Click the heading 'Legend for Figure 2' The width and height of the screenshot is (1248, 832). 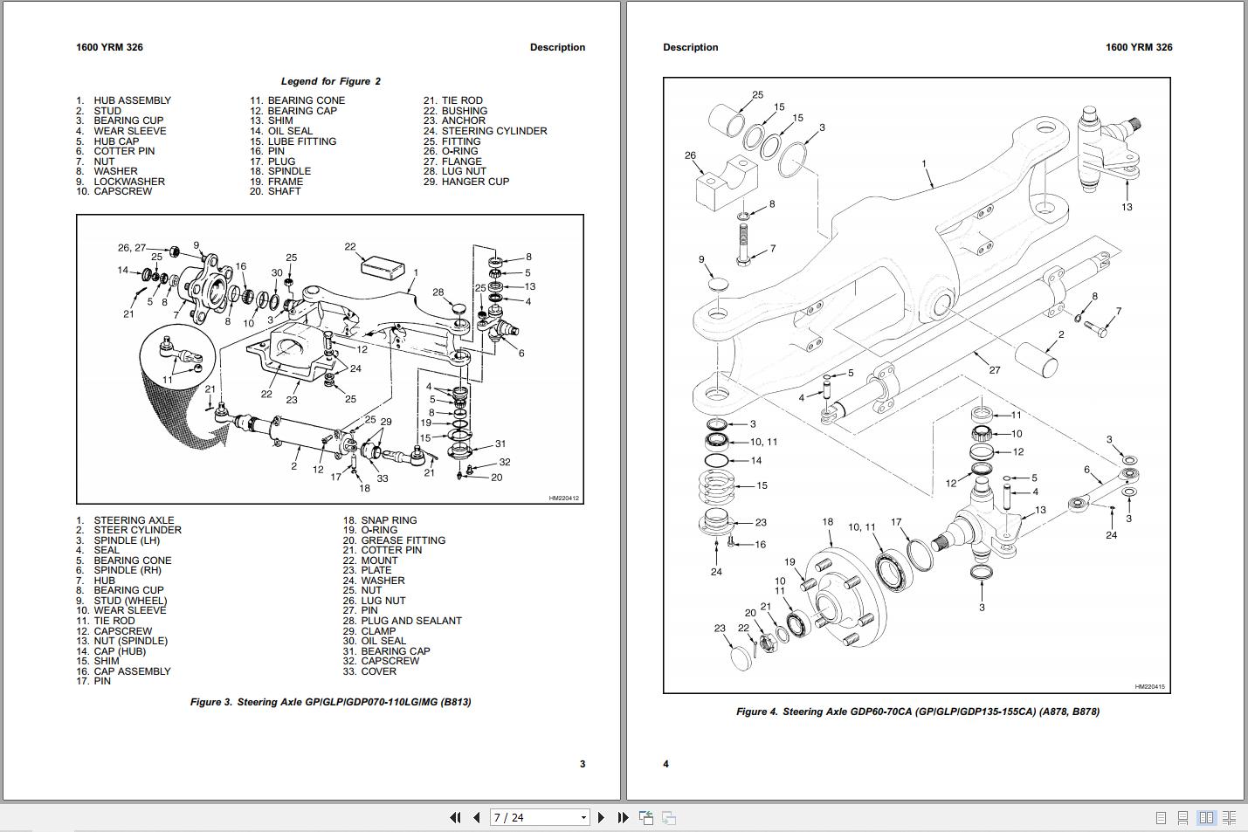pos(330,81)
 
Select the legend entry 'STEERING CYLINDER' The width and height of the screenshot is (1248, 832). pos(494,131)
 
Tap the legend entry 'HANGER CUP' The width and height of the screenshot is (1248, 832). pos(475,182)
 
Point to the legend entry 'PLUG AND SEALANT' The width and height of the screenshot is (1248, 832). pos(411,621)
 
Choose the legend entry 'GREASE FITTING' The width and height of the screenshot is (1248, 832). pos(403,540)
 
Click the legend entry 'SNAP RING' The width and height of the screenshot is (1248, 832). pos(389,520)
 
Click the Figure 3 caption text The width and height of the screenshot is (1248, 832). pos(330,702)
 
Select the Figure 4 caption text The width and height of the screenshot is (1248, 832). pos(918,712)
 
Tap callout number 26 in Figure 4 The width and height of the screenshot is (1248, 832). pos(690,155)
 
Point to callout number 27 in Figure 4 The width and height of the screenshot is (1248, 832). pos(995,370)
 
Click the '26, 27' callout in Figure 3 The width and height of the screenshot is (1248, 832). pos(132,248)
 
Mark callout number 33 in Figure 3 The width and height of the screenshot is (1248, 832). pos(383,478)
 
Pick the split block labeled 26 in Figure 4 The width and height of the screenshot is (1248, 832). pos(727,184)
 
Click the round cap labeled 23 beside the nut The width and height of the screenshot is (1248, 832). pos(741,657)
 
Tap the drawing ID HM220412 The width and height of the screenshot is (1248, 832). pos(564,498)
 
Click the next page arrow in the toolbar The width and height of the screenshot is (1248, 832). pos(601,817)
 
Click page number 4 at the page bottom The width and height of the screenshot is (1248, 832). pos(665,764)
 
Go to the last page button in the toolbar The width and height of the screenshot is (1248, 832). pos(623,817)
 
